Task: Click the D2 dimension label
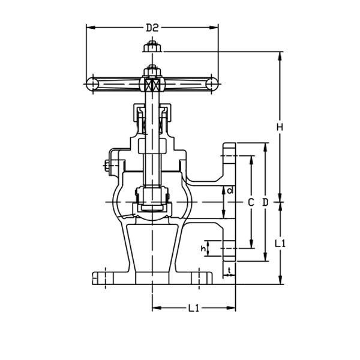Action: pos(152,27)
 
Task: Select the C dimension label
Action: pos(251,202)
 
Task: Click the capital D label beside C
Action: pos(266,202)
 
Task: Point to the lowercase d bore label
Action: pos(230,191)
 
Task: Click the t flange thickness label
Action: pos(230,271)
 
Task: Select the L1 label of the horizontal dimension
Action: pos(194,309)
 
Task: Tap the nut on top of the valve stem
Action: pos(152,47)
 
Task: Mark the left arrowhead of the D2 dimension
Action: pos(89,27)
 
